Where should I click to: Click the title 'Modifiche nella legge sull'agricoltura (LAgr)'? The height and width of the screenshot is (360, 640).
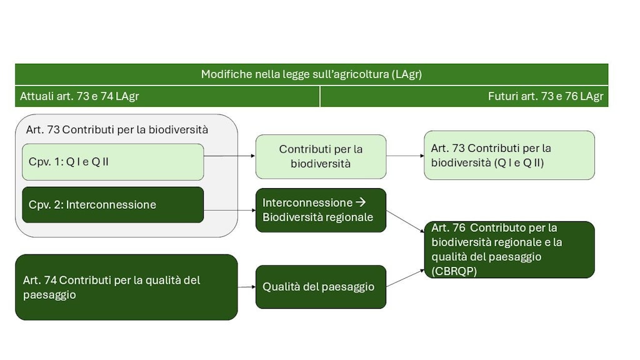311,74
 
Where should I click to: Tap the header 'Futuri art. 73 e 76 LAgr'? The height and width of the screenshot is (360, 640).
545,96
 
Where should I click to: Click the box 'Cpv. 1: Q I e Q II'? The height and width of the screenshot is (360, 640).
112,162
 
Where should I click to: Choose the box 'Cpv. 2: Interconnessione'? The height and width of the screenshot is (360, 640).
112,204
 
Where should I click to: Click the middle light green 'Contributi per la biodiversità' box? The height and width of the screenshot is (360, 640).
321,156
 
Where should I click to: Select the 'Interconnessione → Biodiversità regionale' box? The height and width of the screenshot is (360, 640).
321,210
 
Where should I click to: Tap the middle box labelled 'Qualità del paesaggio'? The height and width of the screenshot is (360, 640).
321,287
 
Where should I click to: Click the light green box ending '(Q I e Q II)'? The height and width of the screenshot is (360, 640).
509,155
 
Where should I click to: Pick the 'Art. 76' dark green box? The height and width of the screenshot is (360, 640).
509,249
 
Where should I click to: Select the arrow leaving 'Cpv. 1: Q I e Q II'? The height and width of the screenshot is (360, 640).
229,156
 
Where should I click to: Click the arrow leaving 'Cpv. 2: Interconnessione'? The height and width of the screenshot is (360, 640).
229,211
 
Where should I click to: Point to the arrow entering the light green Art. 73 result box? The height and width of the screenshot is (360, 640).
405,156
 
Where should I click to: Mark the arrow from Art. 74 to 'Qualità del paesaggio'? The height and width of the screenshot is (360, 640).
246,287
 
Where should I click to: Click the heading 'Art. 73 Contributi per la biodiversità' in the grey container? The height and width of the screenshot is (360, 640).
117,130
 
